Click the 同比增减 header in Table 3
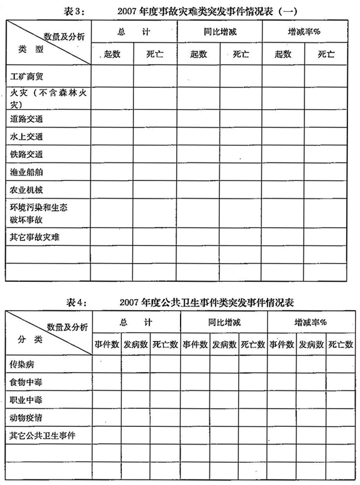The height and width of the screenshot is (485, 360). pos(220,32)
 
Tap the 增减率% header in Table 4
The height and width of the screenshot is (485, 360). pos(310,322)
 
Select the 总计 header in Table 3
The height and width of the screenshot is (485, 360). pos(133,32)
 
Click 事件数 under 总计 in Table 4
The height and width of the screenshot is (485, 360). pos(107,344)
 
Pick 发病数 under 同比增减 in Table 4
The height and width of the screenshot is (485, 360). pos(224,344)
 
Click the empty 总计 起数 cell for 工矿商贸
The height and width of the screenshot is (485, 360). pos(112,76)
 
